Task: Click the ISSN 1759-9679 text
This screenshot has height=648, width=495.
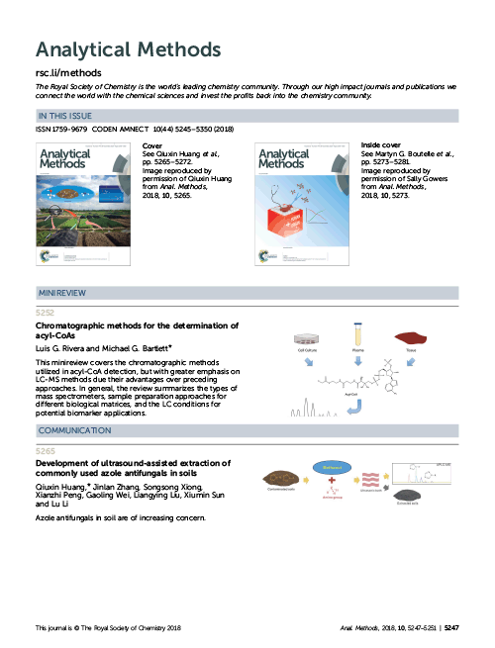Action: pyautogui.click(x=61, y=131)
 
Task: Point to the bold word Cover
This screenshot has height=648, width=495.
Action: pyautogui.click(x=128, y=144)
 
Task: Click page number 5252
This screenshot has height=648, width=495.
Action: pyautogui.click(x=46, y=311)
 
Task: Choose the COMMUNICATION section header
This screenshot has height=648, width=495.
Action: pyautogui.click(x=75, y=432)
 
